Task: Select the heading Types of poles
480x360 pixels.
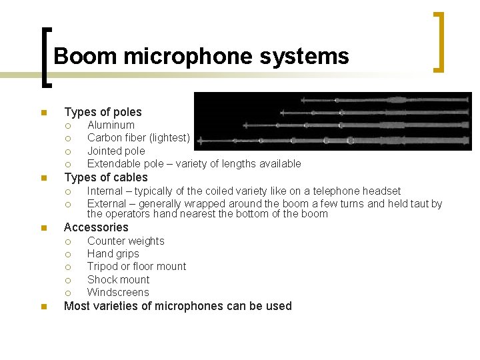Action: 103,112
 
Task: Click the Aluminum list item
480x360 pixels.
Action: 111,125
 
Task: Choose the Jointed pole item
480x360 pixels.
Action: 116,151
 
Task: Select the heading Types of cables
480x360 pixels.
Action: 105,177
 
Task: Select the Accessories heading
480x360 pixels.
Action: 96,227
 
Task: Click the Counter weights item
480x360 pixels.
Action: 125,241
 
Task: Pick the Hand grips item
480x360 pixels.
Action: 113,254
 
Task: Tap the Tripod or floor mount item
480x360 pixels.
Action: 137,267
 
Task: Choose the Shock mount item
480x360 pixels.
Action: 118,279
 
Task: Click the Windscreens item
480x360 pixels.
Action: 118,292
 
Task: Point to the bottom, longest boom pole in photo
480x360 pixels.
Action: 333,141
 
